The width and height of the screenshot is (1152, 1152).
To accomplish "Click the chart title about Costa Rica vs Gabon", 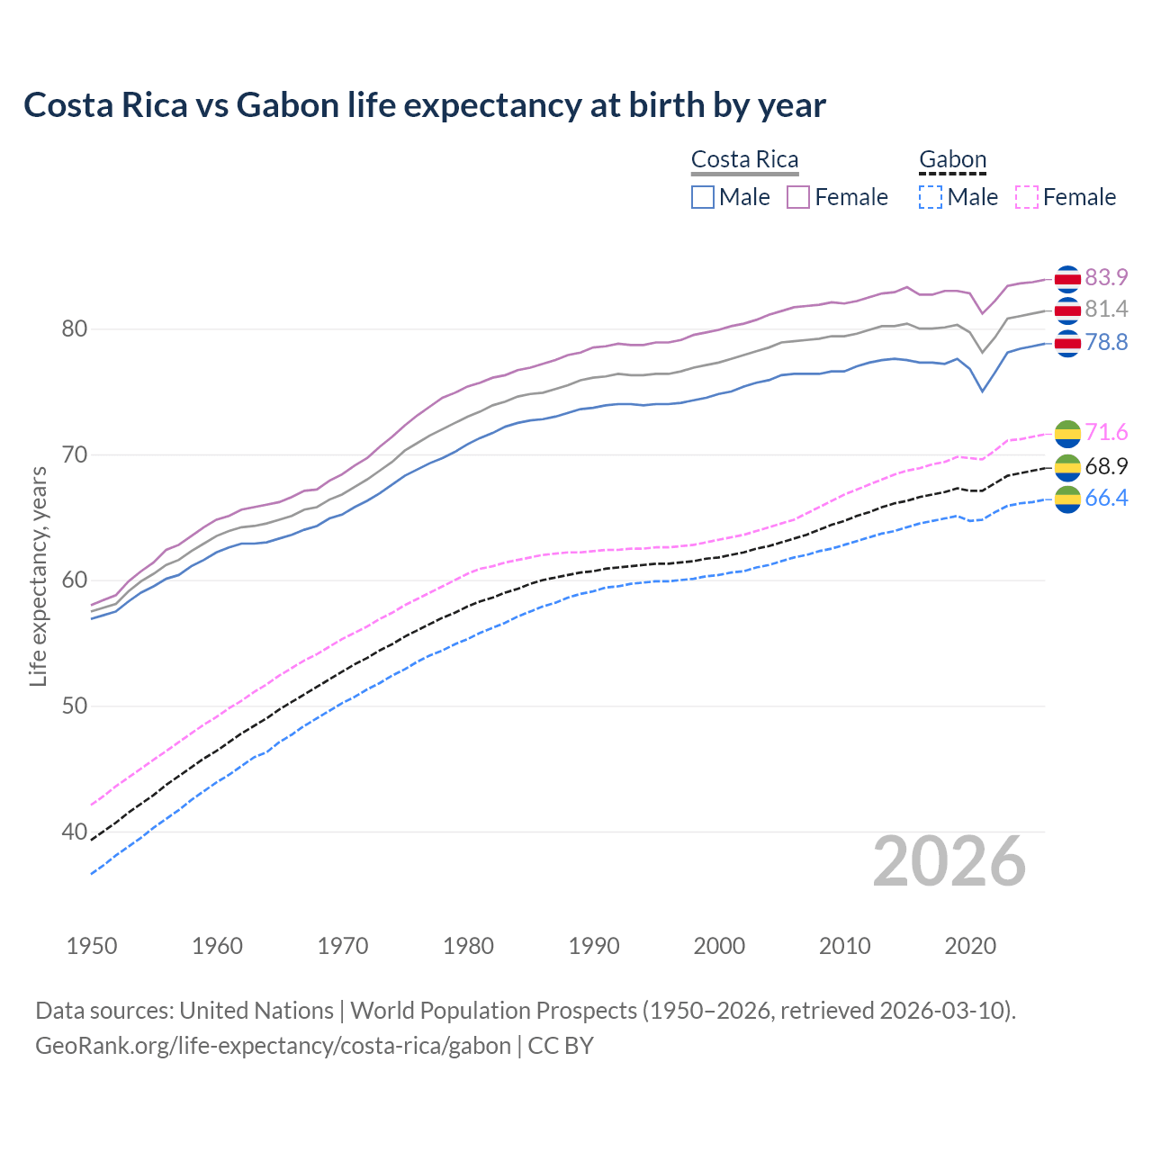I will click(x=424, y=105).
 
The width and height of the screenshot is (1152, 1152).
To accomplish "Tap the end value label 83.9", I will click(x=1106, y=277).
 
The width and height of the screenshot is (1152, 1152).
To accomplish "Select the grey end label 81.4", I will click(x=1106, y=310).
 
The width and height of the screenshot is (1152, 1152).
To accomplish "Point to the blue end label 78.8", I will click(x=1106, y=343).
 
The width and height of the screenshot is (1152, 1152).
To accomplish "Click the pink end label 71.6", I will click(x=1106, y=433).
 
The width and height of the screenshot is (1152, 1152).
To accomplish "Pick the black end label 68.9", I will click(x=1106, y=466).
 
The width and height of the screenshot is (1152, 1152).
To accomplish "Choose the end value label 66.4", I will click(x=1106, y=499).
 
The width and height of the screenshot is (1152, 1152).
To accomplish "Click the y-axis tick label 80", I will click(x=74, y=329).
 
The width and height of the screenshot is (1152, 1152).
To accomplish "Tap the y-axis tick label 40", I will click(x=74, y=832).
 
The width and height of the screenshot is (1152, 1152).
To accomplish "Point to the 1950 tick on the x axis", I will click(x=92, y=946).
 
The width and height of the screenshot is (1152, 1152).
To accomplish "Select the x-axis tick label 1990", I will click(x=594, y=946).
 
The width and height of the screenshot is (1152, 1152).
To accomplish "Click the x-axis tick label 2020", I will click(x=970, y=946).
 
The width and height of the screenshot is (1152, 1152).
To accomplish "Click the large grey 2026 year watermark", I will click(x=949, y=862).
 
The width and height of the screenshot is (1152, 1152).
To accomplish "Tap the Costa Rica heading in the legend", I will click(x=744, y=160).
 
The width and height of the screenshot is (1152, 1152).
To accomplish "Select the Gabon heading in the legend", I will click(x=952, y=160).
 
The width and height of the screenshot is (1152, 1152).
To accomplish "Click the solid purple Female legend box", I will click(x=798, y=197).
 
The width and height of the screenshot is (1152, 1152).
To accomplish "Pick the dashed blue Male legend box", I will click(x=931, y=197).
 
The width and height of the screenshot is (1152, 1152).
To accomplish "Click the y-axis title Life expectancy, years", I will click(x=38, y=576).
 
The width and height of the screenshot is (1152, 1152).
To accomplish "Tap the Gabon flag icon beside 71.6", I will click(x=1067, y=433).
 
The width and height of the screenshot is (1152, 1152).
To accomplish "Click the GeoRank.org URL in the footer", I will click(x=273, y=1046).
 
